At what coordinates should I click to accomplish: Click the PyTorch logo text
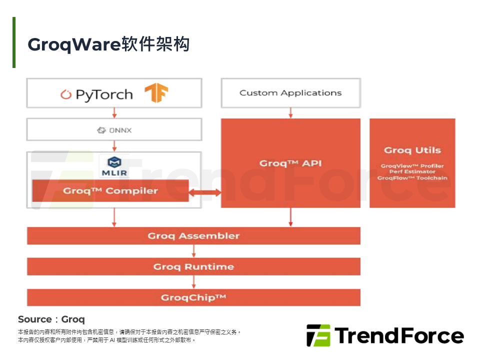point(104,94)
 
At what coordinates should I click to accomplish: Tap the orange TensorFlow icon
point(156,93)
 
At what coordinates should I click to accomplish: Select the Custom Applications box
point(290,93)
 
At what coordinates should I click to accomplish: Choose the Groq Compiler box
point(110,190)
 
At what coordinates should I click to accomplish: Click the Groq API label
point(290,163)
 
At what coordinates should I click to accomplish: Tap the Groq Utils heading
point(412,150)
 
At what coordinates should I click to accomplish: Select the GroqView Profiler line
point(412,166)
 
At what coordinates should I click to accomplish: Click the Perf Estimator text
point(412,172)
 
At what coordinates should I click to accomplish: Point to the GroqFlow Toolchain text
point(412,178)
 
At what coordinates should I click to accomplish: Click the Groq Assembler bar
point(193,236)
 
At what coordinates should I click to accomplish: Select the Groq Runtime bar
point(193,266)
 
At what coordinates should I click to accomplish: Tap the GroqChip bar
point(193,297)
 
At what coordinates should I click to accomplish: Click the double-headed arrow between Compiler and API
point(205,192)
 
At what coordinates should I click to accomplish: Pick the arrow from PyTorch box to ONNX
point(114,113)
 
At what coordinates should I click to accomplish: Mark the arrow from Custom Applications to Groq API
point(290,113)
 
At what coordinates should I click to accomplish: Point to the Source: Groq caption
point(51,319)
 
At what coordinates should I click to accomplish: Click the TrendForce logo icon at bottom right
point(318,335)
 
